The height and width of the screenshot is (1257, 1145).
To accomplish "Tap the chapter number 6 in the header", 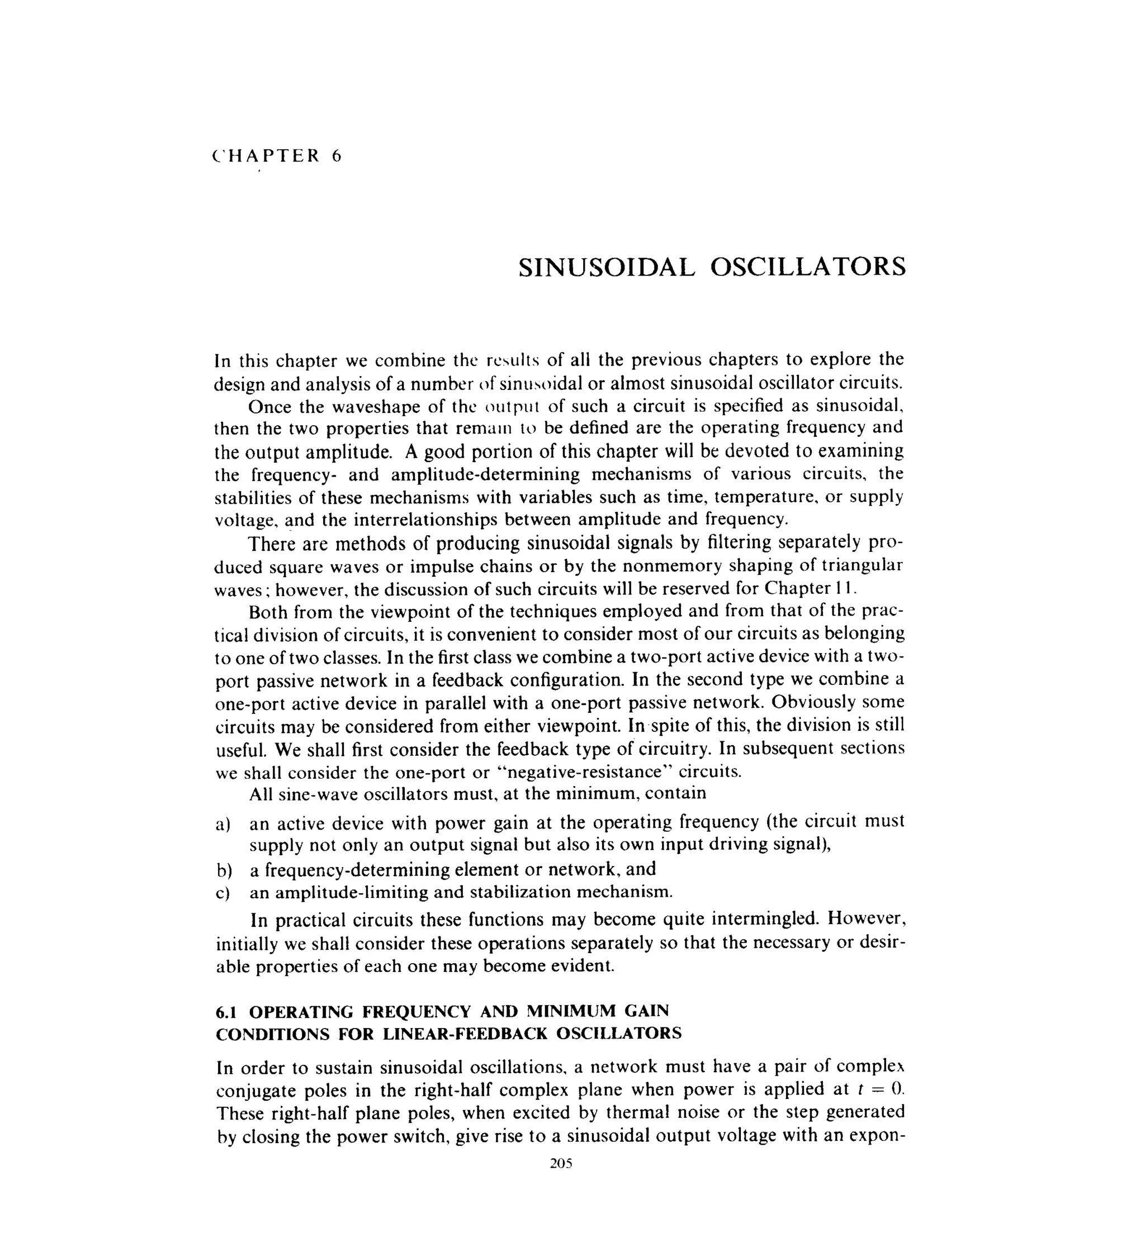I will (x=337, y=156).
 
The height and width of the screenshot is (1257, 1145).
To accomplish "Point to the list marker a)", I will (x=224, y=824).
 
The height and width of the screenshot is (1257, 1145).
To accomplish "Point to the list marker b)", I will (x=224, y=870).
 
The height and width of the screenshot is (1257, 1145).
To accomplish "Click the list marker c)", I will (x=224, y=893).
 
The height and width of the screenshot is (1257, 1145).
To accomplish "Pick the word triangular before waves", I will (x=863, y=565).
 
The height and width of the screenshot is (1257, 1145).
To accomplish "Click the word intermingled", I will (x=756, y=919).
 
